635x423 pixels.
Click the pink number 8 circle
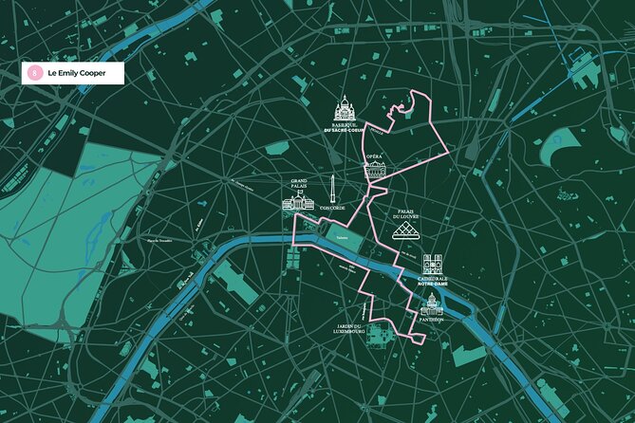click(35, 72)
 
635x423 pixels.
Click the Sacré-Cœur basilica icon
click(343, 110)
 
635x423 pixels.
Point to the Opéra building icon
click(375, 170)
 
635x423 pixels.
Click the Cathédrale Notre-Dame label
click(432, 282)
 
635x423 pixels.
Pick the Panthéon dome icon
click(432, 303)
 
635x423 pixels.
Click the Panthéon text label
click(432, 320)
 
